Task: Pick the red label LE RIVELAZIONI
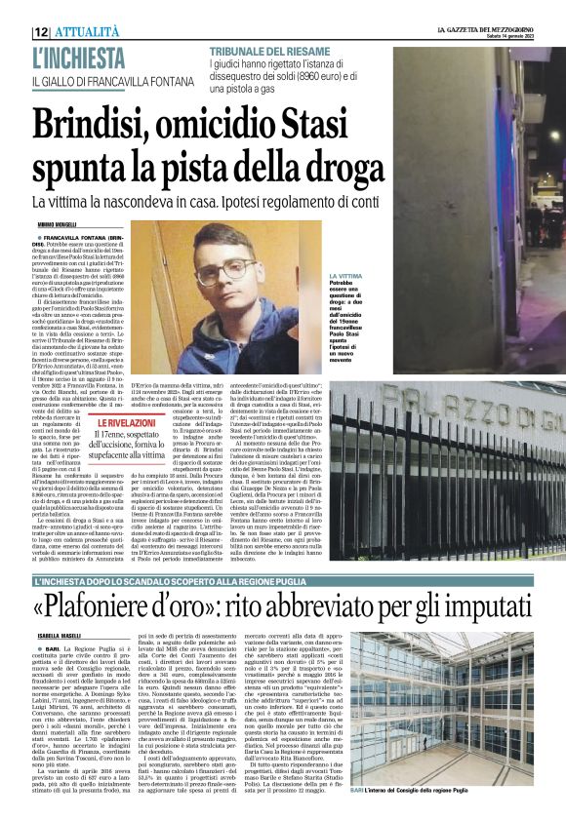pyautogui.click(x=125, y=423)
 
